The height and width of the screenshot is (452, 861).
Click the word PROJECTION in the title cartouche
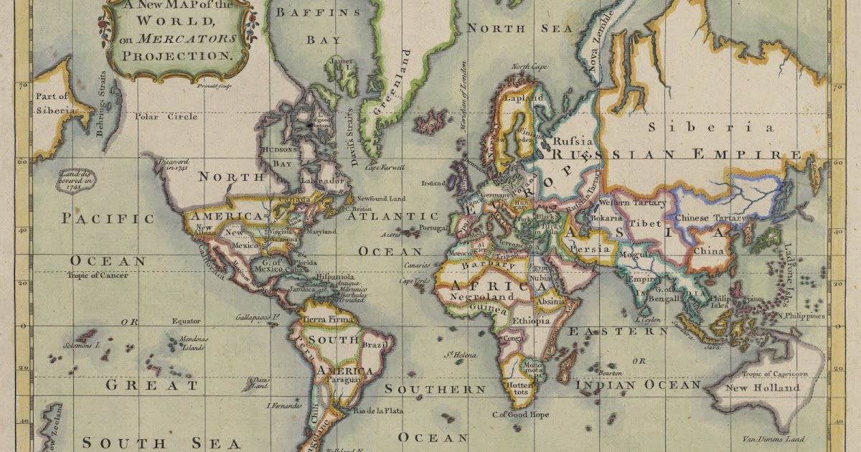(178, 55)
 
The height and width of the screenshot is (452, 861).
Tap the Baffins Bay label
(316, 25)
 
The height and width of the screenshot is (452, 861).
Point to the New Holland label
(762, 388)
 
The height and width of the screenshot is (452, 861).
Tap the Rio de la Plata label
(378, 410)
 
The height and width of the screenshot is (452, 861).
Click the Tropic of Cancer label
(98, 276)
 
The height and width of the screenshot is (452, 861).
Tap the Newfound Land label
(381, 198)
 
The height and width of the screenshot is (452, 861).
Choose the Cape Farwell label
(385, 167)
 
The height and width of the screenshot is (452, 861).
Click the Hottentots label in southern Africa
(519, 388)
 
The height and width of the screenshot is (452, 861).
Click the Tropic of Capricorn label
(774, 374)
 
